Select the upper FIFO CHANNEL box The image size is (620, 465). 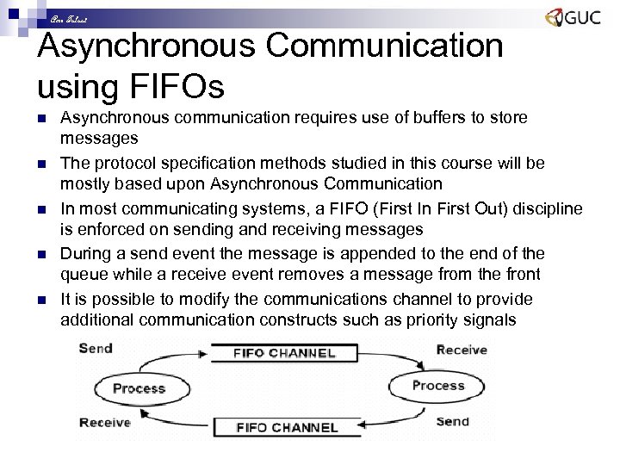284,353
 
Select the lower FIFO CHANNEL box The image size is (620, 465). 288,427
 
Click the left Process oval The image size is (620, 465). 139,388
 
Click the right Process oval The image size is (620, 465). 437,386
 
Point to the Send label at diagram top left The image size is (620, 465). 96,349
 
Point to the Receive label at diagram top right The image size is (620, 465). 462,350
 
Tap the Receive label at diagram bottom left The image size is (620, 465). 104,423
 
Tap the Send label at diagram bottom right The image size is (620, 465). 452,421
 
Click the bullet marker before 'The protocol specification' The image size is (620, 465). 42,164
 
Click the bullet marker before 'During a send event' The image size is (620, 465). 42,255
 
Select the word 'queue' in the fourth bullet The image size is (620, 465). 82,276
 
